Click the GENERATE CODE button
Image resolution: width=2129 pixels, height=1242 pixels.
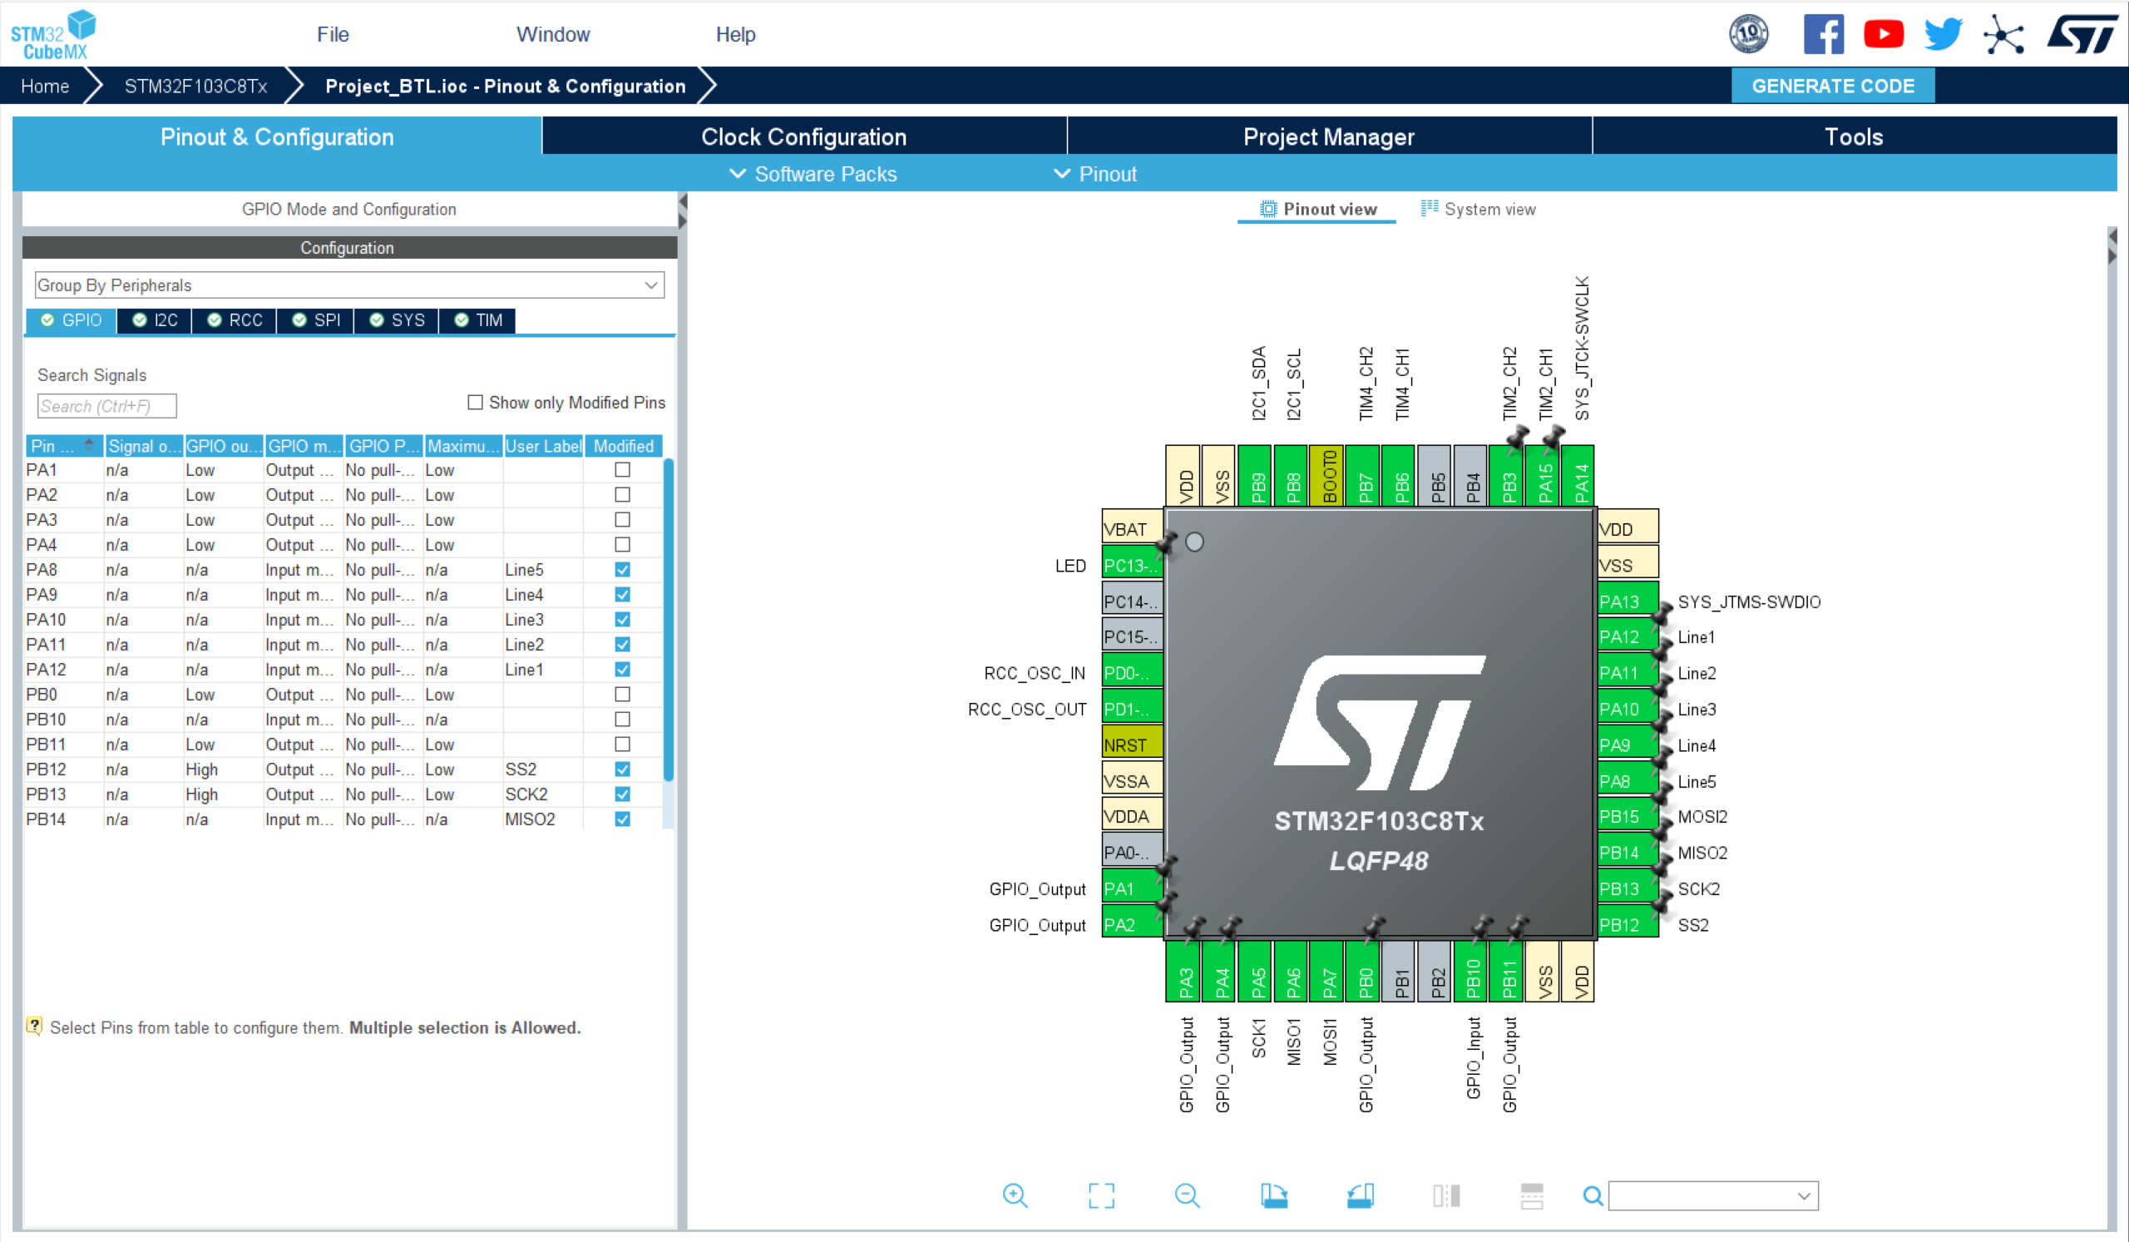tap(1831, 87)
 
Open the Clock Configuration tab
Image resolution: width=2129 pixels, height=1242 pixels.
tap(803, 137)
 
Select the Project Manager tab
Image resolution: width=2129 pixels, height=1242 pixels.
tap(1328, 137)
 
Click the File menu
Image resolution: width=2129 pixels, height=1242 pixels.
tap(332, 35)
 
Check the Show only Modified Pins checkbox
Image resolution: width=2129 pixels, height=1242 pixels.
tap(476, 403)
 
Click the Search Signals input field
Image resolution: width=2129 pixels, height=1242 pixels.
tap(106, 407)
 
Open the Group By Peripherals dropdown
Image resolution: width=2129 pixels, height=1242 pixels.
tap(349, 285)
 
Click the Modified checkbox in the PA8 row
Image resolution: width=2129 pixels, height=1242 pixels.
tap(623, 571)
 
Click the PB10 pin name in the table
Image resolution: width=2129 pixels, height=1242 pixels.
tap(46, 720)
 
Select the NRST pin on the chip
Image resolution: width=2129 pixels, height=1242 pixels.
tap(1131, 745)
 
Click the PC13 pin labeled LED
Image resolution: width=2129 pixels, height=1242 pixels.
tap(1131, 565)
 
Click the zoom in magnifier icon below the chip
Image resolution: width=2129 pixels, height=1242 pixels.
tap(1015, 1195)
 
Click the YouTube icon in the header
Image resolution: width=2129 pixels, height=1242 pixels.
tap(1883, 35)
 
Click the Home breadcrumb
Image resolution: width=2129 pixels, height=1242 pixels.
tap(45, 87)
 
